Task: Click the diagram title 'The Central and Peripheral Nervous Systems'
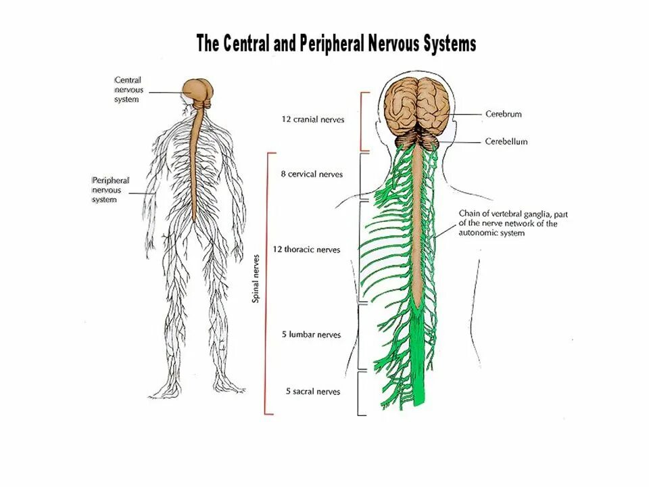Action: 336,44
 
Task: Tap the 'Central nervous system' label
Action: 128,90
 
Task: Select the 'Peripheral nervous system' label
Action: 110,190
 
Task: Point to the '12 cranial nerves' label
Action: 312,120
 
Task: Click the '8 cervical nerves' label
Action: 312,174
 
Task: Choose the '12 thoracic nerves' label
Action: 306,250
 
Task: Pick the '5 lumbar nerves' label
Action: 311,335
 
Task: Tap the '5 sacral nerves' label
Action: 312,392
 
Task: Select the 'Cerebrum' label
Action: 504,114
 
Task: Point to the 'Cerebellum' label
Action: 506,142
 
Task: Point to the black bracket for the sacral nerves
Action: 359,392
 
